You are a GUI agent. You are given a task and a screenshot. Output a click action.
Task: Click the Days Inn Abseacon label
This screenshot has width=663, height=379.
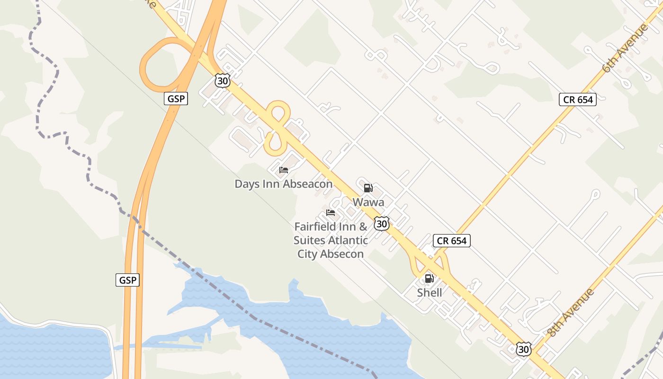[x=283, y=184]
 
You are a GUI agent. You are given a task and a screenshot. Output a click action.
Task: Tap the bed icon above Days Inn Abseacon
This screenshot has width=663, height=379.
[x=283, y=170]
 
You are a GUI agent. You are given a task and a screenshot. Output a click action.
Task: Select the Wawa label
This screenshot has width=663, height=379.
[x=368, y=202]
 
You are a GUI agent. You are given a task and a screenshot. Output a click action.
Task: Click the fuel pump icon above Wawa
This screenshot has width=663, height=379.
[x=368, y=188]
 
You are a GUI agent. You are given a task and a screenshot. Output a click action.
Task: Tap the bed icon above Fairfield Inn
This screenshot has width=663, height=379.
[x=331, y=213]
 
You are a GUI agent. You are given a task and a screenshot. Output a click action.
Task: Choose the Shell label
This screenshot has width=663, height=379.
[x=430, y=293]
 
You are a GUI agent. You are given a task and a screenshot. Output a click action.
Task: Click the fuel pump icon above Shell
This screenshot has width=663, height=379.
[x=429, y=279]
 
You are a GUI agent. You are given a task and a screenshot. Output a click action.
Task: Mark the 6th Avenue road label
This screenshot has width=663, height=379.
[x=626, y=48]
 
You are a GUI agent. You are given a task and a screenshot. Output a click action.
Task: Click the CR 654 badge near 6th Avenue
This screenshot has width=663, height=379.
[x=577, y=99]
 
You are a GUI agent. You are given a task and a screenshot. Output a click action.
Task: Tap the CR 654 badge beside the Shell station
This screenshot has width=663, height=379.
[x=452, y=241]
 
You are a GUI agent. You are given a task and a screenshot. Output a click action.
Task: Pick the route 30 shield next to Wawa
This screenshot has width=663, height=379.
[x=382, y=223]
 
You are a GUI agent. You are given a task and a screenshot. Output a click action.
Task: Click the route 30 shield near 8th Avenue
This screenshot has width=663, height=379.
[x=523, y=350]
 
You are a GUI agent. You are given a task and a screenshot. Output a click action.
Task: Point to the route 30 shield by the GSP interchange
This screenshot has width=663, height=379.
[x=222, y=81]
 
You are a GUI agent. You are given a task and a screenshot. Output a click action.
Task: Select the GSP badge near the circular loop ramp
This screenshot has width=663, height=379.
[x=176, y=99]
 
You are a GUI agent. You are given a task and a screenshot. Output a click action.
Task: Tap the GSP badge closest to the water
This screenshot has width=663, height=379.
[x=127, y=280]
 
